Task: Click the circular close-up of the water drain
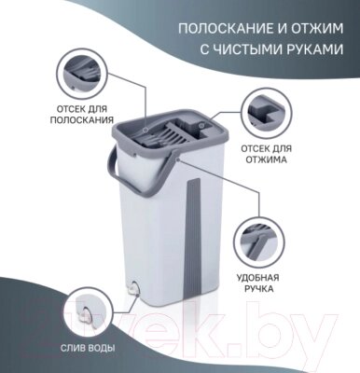(90, 312)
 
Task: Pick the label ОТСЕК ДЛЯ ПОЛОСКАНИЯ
(82, 115)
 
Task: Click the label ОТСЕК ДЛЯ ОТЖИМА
(267, 154)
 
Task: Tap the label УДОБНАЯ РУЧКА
(257, 283)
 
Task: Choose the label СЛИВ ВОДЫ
(88, 348)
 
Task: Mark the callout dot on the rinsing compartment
(145, 129)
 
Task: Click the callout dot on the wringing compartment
(201, 125)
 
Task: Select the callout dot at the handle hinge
(178, 159)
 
